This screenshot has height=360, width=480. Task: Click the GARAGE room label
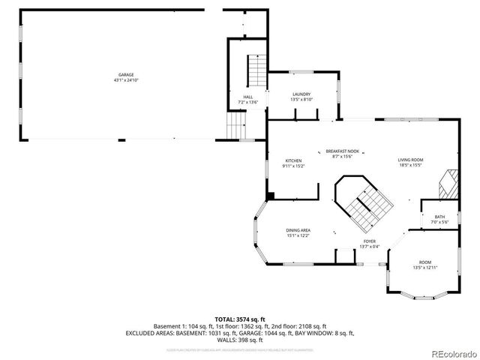[125, 74]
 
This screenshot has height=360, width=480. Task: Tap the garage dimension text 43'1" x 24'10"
[125, 79]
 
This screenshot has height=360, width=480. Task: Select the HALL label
[247, 97]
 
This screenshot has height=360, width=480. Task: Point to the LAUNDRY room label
[301, 94]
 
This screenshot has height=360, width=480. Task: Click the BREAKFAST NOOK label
[342, 151]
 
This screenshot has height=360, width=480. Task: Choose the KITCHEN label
[292, 160]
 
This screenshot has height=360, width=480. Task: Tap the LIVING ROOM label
[410, 160]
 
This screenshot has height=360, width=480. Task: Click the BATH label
[439, 217]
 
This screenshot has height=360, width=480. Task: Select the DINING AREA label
[298, 230]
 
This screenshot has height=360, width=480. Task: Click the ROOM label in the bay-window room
[425, 262]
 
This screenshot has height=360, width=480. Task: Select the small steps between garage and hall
[237, 125]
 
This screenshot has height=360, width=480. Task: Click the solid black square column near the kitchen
[271, 196]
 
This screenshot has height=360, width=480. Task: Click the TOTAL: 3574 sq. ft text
[240, 319]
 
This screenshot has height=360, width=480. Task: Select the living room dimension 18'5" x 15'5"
[410, 165]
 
